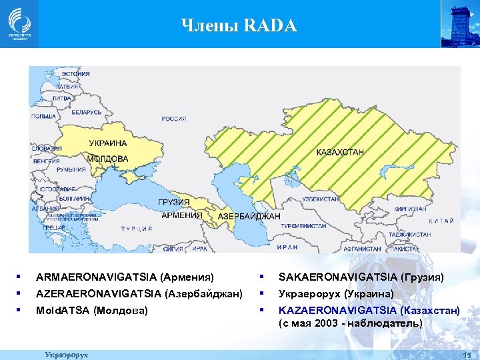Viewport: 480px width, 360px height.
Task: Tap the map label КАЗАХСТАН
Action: [x=340, y=153]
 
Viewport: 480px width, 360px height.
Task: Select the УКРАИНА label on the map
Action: [x=107, y=143]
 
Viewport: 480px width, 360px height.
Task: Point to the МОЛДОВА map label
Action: [x=107, y=159]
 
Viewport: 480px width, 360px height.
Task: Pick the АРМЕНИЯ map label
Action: [x=182, y=215]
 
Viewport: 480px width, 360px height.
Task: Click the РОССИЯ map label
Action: [x=173, y=119]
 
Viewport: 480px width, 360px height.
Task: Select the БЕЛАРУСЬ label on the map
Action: [x=86, y=113]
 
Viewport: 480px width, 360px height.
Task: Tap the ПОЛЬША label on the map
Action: [x=43, y=116]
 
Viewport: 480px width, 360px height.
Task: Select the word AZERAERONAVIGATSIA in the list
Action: [x=99, y=293]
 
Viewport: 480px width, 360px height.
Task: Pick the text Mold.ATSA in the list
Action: [x=63, y=310]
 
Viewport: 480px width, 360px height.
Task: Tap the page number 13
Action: [x=467, y=354]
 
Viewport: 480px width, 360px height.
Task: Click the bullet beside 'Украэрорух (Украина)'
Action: [x=263, y=293]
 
